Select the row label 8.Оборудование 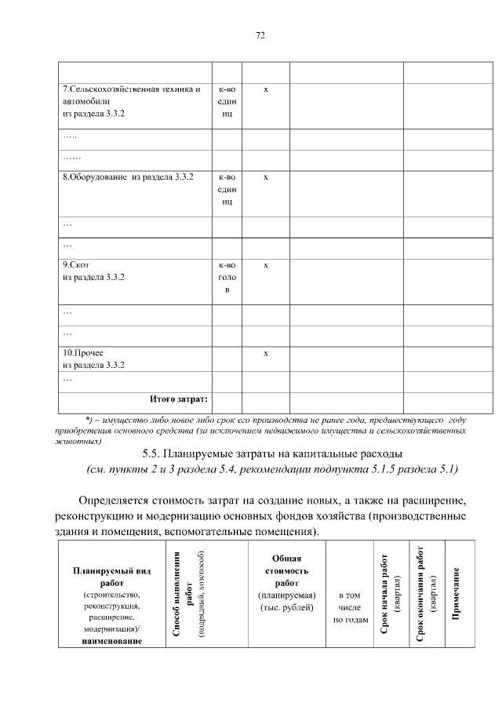tap(127, 177)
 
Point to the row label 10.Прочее tap(83, 353)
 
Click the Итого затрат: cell tap(179, 399)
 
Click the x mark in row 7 tap(266, 89)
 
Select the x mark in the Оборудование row tap(266, 177)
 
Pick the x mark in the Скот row tap(266, 265)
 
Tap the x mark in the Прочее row tap(266, 353)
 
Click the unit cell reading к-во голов tap(227, 278)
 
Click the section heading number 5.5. tap(154, 453)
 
